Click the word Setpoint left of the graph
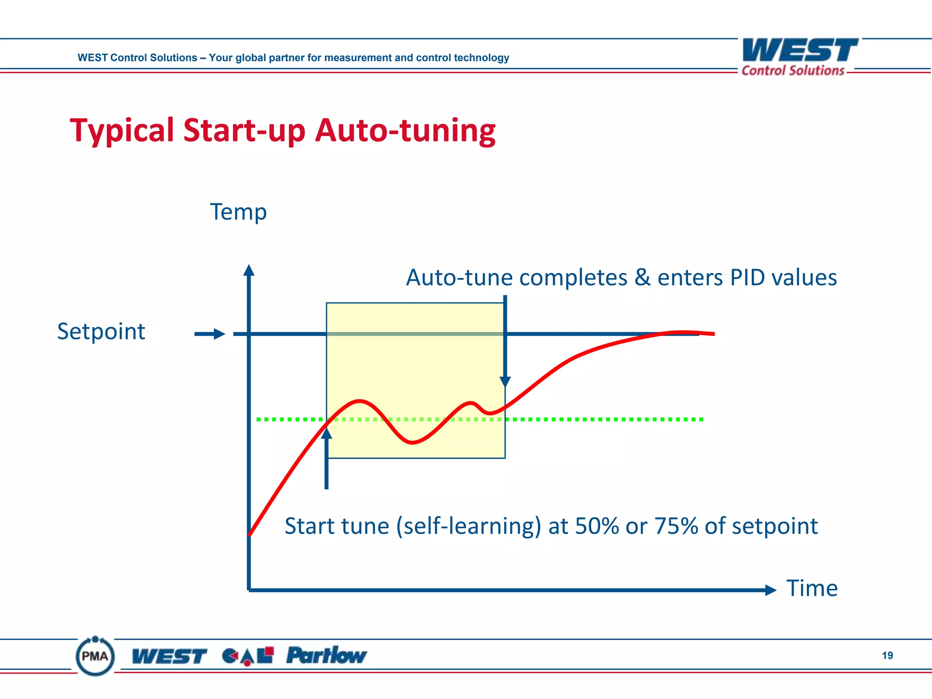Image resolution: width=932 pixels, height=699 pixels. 101,332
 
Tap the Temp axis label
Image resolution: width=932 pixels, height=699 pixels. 238,213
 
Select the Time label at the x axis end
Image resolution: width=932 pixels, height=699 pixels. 812,588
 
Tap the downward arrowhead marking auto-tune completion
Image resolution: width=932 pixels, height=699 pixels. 505,381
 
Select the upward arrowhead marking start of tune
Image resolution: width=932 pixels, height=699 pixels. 326,433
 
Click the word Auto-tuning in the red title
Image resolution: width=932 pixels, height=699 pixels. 405,131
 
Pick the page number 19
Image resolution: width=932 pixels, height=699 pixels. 887,655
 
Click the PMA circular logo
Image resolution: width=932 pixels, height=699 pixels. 95,656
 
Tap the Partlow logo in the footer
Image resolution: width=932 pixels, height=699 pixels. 326,655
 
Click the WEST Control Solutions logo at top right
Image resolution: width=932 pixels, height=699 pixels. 800,57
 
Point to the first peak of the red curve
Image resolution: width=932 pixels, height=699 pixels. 360,401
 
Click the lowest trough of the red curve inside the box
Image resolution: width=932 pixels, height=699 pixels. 412,442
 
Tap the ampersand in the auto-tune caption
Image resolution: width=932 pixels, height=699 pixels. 642,278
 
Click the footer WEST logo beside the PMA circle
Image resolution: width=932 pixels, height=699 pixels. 169,656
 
